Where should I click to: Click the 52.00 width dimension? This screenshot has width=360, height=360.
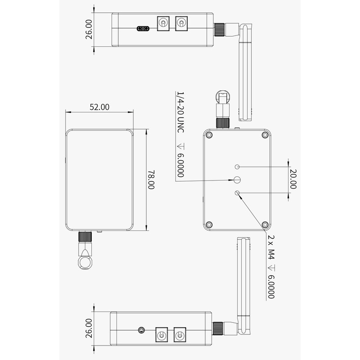click(x=99, y=107)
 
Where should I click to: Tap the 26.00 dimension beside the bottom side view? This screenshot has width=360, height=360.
click(x=89, y=328)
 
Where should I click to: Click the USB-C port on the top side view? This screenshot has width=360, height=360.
click(x=144, y=29)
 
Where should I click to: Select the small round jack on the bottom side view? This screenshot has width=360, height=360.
click(x=142, y=330)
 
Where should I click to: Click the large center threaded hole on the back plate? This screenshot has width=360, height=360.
click(x=237, y=180)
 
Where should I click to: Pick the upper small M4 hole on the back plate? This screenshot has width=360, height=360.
click(x=237, y=166)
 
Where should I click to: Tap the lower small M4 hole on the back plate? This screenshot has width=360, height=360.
click(x=237, y=193)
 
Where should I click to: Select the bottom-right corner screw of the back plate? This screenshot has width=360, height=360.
click(x=265, y=224)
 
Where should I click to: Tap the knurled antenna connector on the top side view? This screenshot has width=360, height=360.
click(x=220, y=29)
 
